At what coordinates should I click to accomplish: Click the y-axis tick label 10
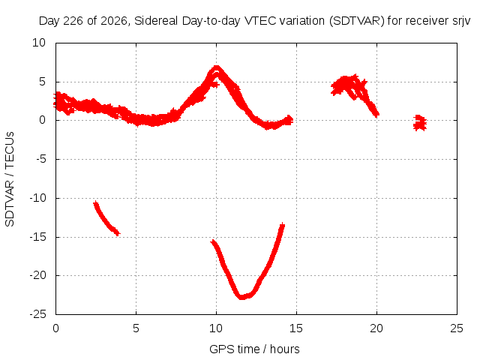[39, 43]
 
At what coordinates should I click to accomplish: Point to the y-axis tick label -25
[38, 314]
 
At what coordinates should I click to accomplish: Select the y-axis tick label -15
[38, 237]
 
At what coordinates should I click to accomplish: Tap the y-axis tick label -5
[40, 159]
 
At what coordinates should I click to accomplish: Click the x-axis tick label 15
[296, 328]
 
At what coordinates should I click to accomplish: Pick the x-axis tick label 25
[457, 328]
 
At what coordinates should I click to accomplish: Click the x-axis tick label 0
[55, 328]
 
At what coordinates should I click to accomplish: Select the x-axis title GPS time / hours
[254, 349]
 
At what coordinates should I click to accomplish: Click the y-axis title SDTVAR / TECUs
[10, 179]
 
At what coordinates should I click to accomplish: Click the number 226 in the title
[73, 21]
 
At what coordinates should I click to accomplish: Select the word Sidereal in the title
[156, 21]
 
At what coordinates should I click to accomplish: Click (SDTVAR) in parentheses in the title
[357, 21]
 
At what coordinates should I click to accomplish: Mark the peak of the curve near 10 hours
[217, 67]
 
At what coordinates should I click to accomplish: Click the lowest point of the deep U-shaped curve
[241, 297]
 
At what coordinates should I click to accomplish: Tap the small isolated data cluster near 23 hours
[420, 123]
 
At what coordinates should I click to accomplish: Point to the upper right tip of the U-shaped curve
[282, 225]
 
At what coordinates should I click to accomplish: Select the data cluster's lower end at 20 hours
[377, 115]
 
